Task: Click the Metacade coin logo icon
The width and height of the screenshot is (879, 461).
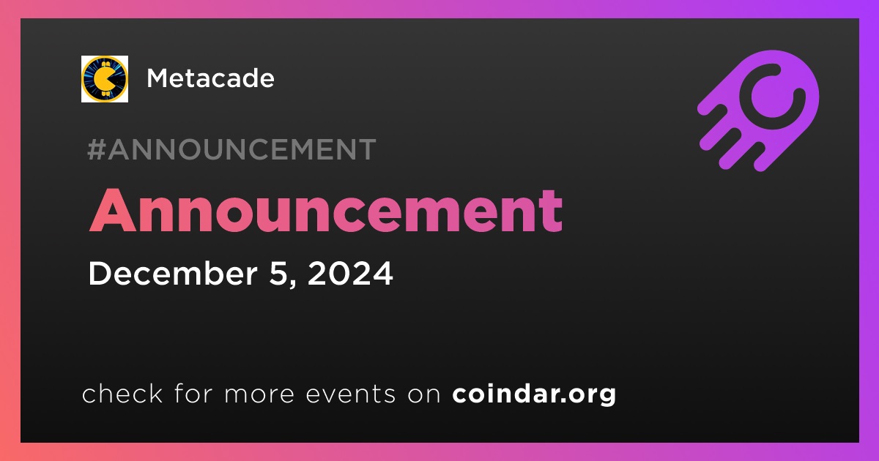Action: tap(104, 79)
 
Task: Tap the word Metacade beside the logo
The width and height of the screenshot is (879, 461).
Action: tap(210, 78)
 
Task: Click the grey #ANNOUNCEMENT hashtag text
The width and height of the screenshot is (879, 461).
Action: tap(231, 149)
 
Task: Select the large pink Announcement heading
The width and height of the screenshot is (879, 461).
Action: tap(326, 211)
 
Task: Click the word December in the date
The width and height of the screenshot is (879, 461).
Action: tap(173, 273)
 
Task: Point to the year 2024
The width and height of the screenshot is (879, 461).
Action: tap(350, 274)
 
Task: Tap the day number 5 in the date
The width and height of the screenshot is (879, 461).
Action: tap(278, 274)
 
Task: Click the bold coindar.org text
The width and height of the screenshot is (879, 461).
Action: tap(534, 394)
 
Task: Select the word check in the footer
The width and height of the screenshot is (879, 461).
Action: tap(122, 394)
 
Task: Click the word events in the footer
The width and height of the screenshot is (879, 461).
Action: tap(350, 394)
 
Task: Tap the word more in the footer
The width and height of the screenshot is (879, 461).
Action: tap(259, 394)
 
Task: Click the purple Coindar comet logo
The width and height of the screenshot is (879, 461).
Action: tap(758, 111)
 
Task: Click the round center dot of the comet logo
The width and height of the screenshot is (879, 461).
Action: tap(772, 97)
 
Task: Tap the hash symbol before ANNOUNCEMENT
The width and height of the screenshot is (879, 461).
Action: tap(97, 149)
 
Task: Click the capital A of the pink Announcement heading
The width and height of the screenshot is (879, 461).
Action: tap(113, 211)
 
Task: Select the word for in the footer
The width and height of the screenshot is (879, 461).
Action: tap(193, 394)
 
